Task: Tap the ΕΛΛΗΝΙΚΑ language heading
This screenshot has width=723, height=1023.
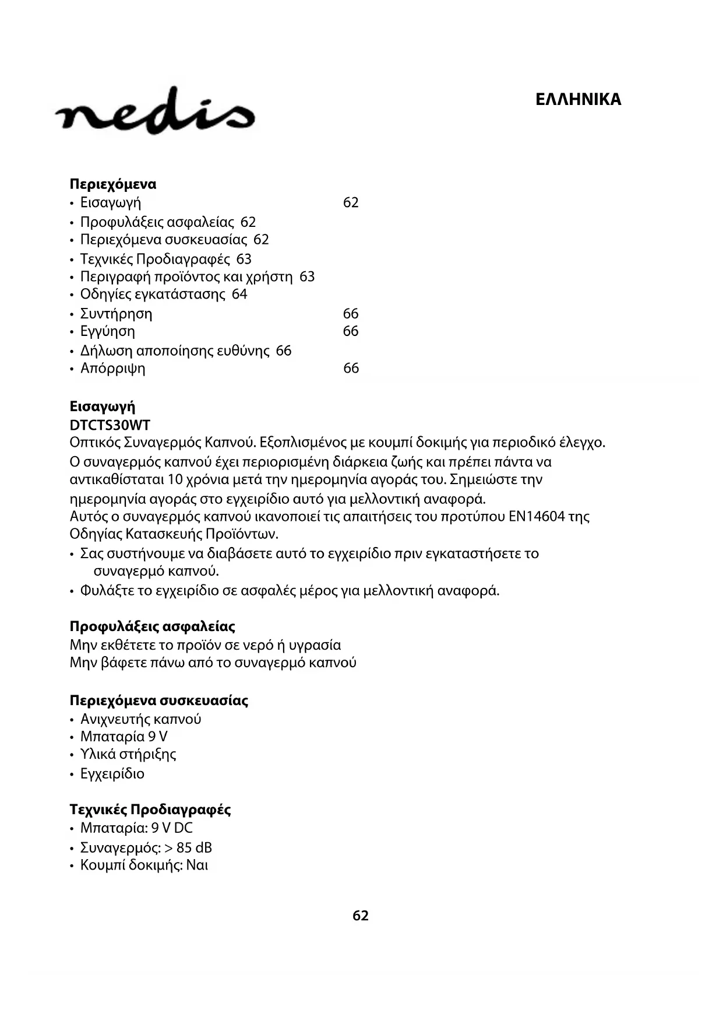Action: pyautogui.click(x=578, y=100)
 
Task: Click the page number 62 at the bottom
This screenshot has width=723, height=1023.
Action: pyautogui.click(x=361, y=916)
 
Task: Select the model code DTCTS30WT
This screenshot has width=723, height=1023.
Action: pyautogui.click(x=110, y=425)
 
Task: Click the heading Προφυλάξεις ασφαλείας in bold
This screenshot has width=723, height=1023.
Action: pyautogui.click(x=153, y=627)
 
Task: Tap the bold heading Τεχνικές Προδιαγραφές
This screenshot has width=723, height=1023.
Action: pyautogui.click(x=150, y=810)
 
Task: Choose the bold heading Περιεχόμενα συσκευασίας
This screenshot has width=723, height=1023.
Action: pyautogui.click(x=159, y=700)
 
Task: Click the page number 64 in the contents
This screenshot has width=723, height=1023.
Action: pyautogui.click(x=239, y=294)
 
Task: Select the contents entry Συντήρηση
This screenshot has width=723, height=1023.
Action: pyautogui.click(x=116, y=314)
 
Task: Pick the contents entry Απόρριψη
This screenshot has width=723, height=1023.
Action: pyautogui.click(x=112, y=368)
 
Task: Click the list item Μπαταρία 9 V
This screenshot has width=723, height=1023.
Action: pyautogui.click(x=124, y=737)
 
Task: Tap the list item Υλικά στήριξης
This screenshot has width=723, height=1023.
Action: pyautogui.click(x=128, y=754)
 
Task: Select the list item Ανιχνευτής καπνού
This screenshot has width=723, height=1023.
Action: pyautogui.click(x=140, y=719)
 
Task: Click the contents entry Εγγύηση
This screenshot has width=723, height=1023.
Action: pyautogui.click(x=108, y=331)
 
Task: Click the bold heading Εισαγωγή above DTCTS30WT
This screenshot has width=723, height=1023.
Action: pyautogui.click(x=103, y=407)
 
